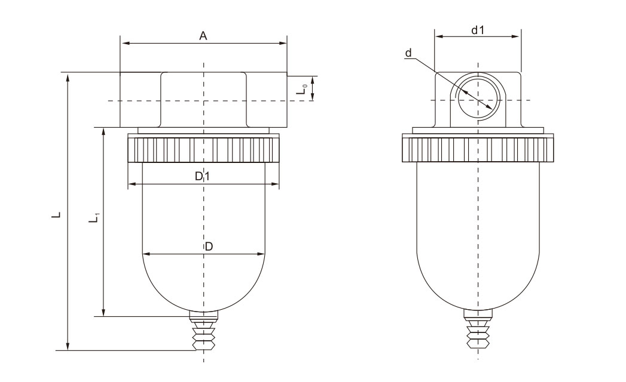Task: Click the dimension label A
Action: [x=203, y=36]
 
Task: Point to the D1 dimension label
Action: [x=202, y=176]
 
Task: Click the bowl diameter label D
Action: [x=209, y=247]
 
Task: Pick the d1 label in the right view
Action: [x=478, y=30]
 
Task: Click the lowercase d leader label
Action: [x=408, y=53]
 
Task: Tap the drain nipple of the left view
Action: [x=204, y=331]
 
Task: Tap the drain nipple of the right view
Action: [x=478, y=328]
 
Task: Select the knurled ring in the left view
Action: [x=203, y=149]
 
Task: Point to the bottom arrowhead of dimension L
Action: [x=68, y=346]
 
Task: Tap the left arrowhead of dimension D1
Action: [x=132, y=184]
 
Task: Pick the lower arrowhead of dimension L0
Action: [x=313, y=96]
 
